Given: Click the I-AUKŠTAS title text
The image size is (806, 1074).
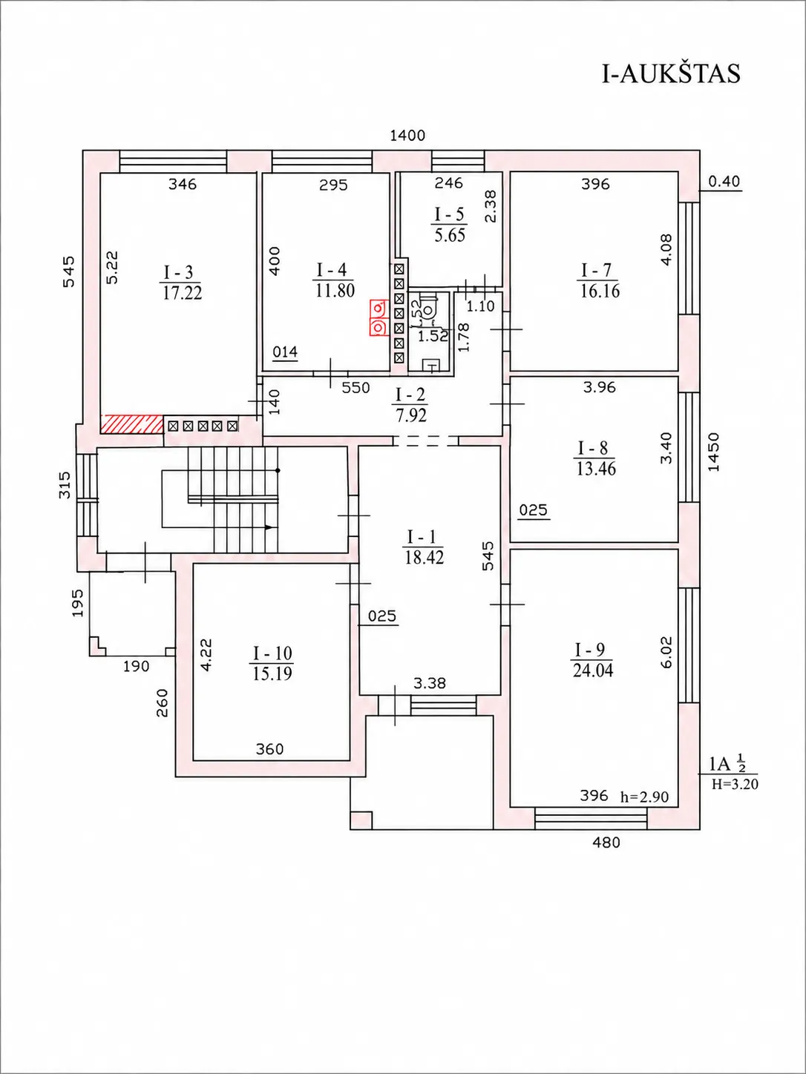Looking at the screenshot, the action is pyautogui.click(x=670, y=74).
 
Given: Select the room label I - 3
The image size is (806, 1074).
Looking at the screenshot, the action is pyautogui.click(x=179, y=272).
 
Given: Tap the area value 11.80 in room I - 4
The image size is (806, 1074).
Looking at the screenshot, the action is pyautogui.click(x=335, y=291).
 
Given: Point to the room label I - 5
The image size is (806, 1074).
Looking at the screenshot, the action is pyautogui.click(x=449, y=214).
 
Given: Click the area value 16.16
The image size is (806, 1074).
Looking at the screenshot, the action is pyautogui.click(x=600, y=291).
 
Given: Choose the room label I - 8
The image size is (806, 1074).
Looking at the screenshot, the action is pyautogui.click(x=593, y=448).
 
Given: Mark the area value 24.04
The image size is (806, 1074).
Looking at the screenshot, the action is pyautogui.click(x=593, y=671).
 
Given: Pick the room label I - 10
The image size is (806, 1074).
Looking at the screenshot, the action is pyautogui.click(x=272, y=653).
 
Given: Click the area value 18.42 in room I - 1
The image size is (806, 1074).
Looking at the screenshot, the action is pyautogui.click(x=425, y=557).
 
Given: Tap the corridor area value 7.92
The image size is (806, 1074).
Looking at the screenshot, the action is pyautogui.click(x=411, y=415).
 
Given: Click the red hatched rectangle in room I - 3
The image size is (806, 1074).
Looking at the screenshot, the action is pyautogui.click(x=132, y=424).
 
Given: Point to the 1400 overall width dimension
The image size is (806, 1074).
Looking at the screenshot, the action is pyautogui.click(x=407, y=136).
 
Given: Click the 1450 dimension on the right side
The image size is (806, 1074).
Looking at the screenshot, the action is pyautogui.click(x=714, y=452).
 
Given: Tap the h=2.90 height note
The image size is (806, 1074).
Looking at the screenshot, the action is pyautogui.click(x=644, y=797).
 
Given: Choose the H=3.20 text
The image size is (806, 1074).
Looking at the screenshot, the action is pyautogui.click(x=735, y=784).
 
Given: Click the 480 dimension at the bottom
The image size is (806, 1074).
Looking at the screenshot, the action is pyautogui.click(x=606, y=842).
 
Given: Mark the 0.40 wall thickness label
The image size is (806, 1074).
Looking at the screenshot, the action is pyautogui.click(x=724, y=182).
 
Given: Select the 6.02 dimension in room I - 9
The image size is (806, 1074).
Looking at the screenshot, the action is pyautogui.click(x=666, y=652).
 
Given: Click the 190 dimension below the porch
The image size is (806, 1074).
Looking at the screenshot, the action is pyautogui.click(x=136, y=666).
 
